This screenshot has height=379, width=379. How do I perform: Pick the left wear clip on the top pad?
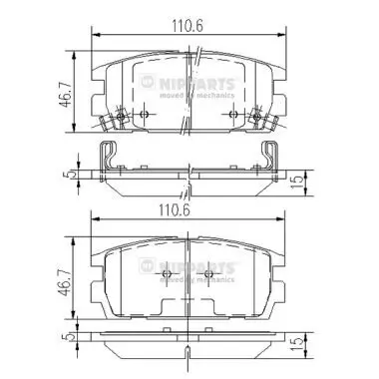(111, 124)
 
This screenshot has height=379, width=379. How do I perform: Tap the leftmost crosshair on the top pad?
(122, 117)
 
